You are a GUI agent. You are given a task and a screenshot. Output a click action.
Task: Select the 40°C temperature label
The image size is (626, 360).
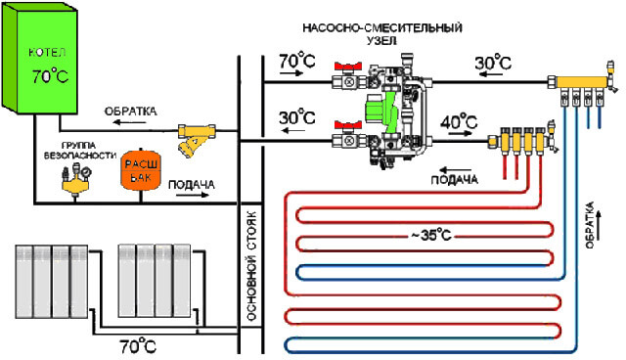click(x=458, y=125)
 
